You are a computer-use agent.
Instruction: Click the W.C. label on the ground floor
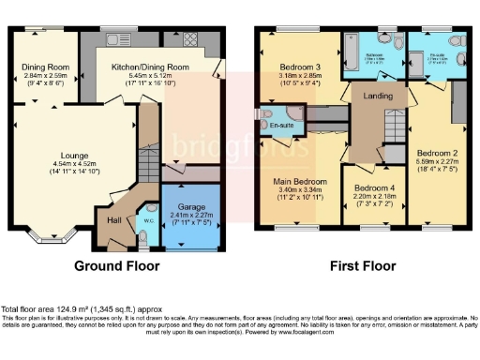tap(147, 221)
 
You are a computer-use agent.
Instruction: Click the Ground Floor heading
tap(117, 266)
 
